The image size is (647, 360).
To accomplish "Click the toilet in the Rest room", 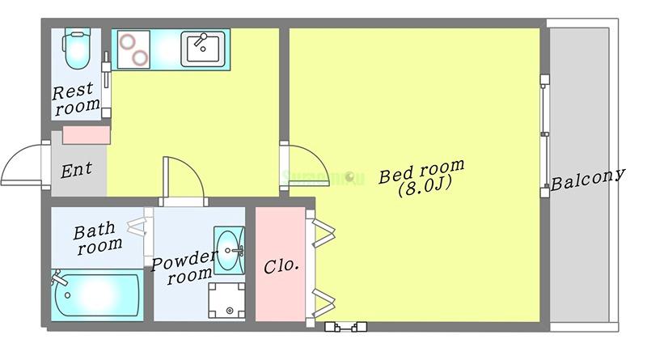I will (77, 50).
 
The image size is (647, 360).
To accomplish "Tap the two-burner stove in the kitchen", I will (133, 49).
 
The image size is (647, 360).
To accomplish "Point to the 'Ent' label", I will (77, 170).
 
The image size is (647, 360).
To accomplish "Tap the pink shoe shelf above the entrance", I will (85, 135).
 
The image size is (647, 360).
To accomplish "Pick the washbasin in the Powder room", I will (230, 243).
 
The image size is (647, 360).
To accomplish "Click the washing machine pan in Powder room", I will (227, 300).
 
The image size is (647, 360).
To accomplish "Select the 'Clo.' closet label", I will (281, 265).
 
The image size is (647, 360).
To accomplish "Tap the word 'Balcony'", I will (589, 180).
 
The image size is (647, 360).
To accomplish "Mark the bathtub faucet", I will (58, 280).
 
